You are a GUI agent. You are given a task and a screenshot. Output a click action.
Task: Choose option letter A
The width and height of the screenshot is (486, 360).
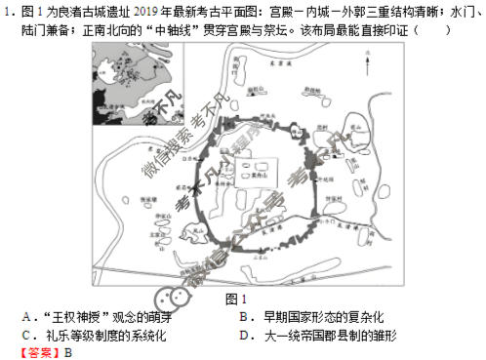click(26, 317)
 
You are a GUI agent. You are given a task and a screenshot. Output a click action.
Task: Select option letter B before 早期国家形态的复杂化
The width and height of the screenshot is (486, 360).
click(243, 317)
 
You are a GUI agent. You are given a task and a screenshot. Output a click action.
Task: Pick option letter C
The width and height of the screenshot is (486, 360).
click(26, 335)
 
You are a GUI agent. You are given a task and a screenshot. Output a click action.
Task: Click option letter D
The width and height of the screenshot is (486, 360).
click(243, 335)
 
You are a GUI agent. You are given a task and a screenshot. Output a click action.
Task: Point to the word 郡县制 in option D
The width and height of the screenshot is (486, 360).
click(345, 335)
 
